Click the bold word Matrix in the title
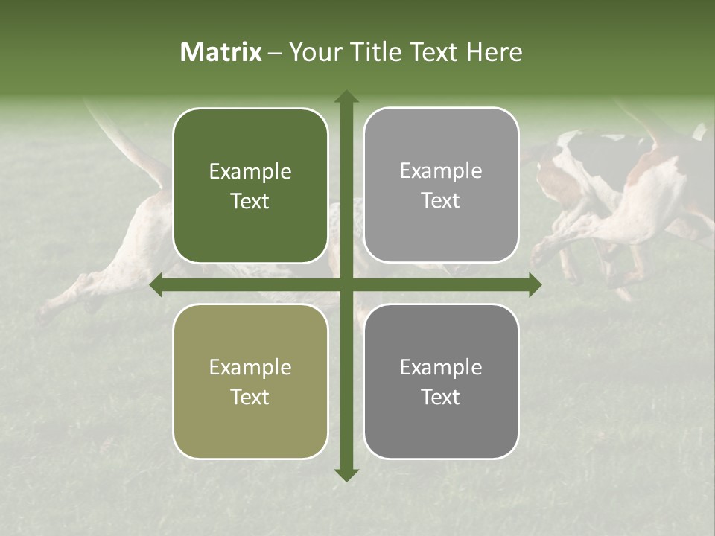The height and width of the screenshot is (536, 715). click(x=221, y=52)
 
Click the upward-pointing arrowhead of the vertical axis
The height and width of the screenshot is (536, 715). click(x=346, y=96)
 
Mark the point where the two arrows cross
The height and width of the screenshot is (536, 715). click(x=346, y=285)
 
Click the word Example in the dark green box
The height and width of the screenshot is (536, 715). click(x=250, y=172)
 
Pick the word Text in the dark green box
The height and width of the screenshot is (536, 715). click(x=250, y=201)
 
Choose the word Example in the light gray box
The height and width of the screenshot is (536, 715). click(x=441, y=171)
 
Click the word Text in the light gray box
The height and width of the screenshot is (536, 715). click(x=441, y=200)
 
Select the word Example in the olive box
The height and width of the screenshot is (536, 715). click(x=250, y=368)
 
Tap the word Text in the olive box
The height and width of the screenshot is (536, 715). click(x=250, y=397)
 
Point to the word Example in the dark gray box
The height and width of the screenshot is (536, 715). click(x=441, y=368)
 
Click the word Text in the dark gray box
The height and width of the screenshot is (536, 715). click(x=441, y=397)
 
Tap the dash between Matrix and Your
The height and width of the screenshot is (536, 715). click(x=275, y=53)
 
